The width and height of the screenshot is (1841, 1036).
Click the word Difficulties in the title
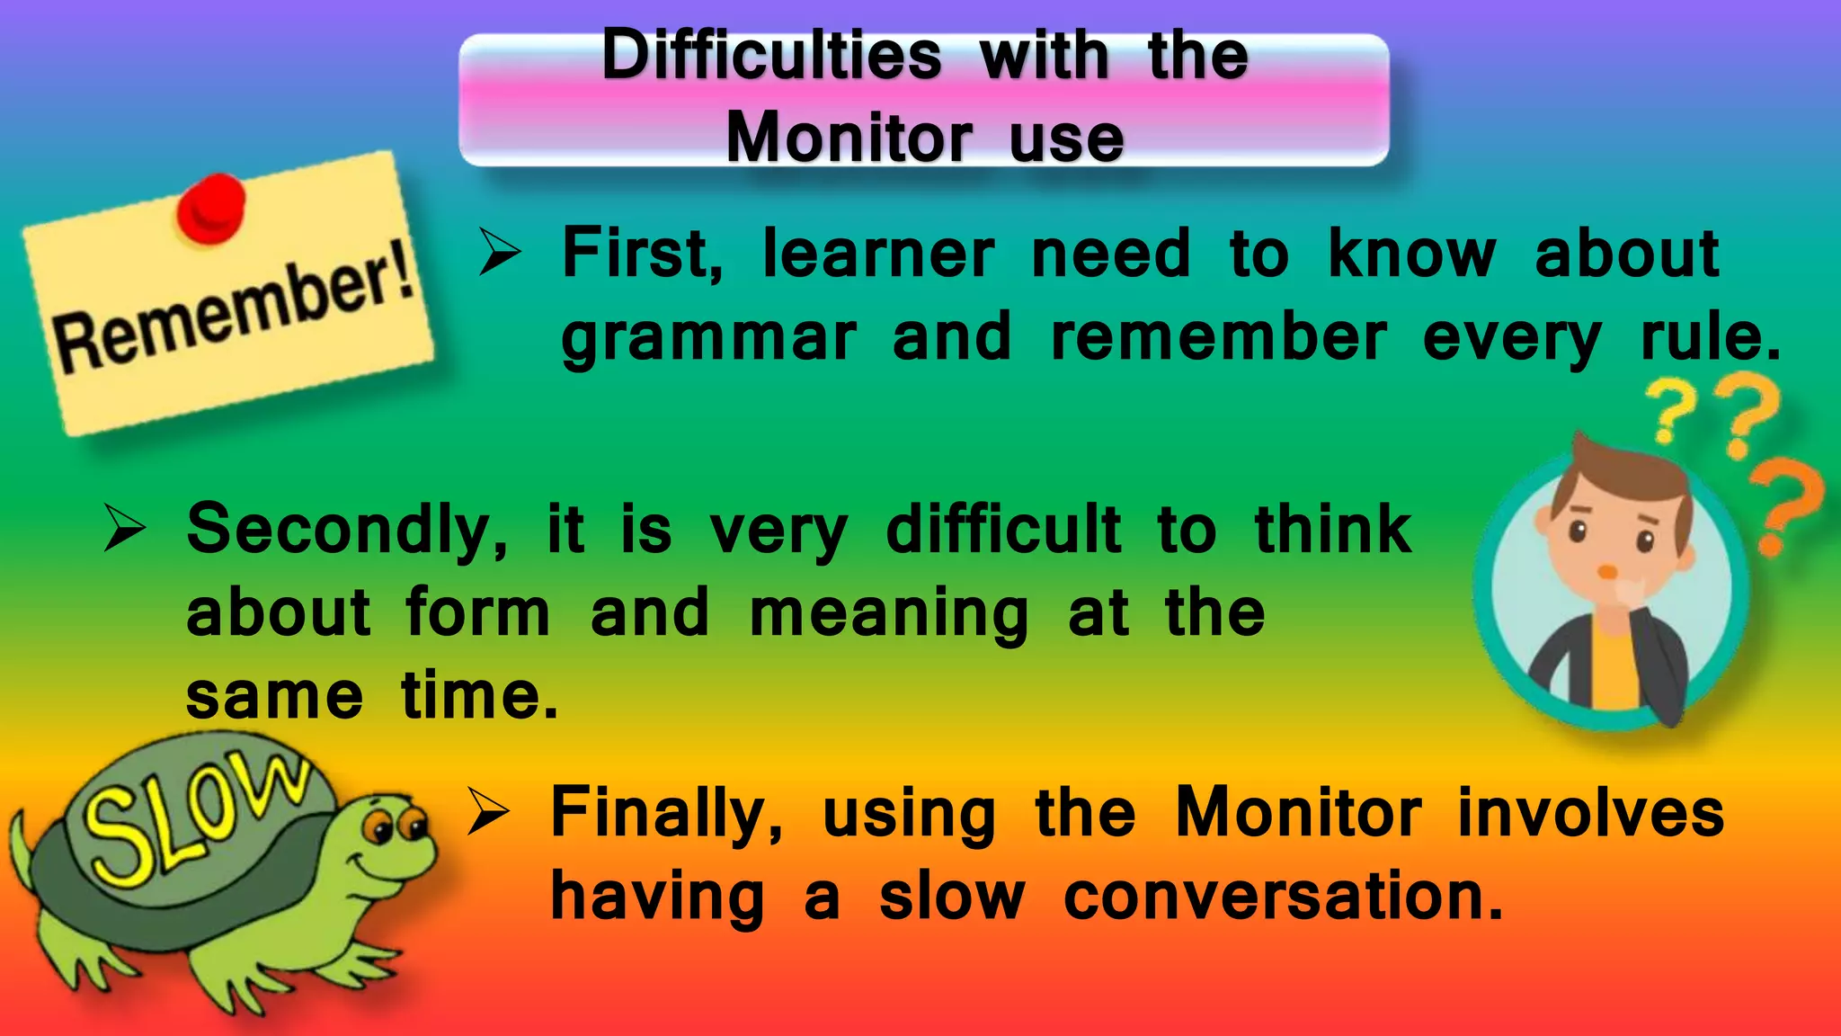pyautogui.click(x=771, y=56)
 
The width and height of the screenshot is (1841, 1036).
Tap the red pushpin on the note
pyautogui.click(x=211, y=207)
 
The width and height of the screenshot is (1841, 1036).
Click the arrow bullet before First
pyautogui.click(x=499, y=252)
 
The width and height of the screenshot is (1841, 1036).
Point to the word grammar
pyautogui.click(x=708, y=340)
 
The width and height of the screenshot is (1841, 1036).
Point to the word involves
pyautogui.click(x=1590, y=812)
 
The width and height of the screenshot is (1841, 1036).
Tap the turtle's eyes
pyautogui.click(x=396, y=824)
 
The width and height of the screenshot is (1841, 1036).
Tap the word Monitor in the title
pyautogui.click(x=849, y=138)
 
